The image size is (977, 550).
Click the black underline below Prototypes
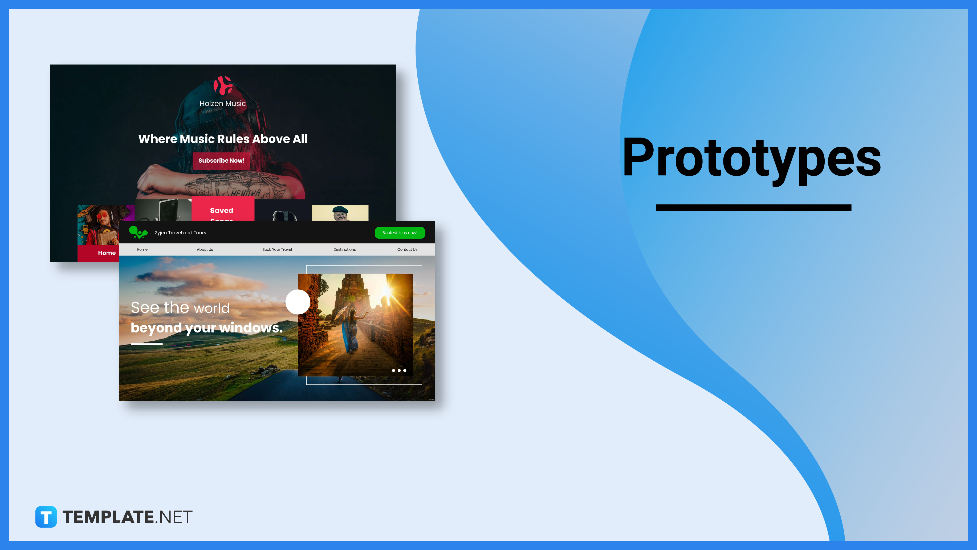pyautogui.click(x=753, y=208)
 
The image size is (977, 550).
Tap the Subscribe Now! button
pyautogui.click(x=222, y=160)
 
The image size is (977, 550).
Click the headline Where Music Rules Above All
pyautogui.click(x=223, y=139)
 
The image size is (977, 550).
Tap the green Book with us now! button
pyautogui.click(x=400, y=233)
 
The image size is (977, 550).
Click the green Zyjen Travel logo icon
pyautogui.click(x=138, y=232)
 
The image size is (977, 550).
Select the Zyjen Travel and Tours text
pyautogui.click(x=181, y=233)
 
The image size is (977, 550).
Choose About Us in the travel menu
pyautogui.click(x=205, y=249)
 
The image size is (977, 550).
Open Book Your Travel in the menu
pyautogui.click(x=277, y=249)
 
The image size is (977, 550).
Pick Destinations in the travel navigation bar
pyautogui.click(x=344, y=249)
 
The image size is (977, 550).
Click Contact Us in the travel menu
pyautogui.click(x=407, y=249)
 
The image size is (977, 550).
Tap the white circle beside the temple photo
pyautogui.click(x=298, y=302)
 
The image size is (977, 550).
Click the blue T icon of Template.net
pyautogui.click(x=46, y=517)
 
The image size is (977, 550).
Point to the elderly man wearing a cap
pyautogui.click(x=340, y=213)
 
